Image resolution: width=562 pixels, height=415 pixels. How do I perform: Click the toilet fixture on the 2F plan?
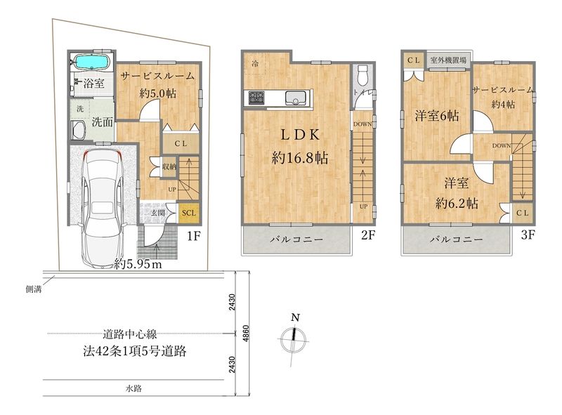(x=362, y=74)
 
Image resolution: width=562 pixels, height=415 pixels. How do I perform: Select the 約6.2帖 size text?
(x=457, y=204)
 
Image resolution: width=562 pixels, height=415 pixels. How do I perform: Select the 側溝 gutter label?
(x=33, y=289)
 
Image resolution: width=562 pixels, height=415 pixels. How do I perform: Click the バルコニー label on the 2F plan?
(x=296, y=239)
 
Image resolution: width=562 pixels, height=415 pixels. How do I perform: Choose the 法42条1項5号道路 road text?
(x=135, y=351)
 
